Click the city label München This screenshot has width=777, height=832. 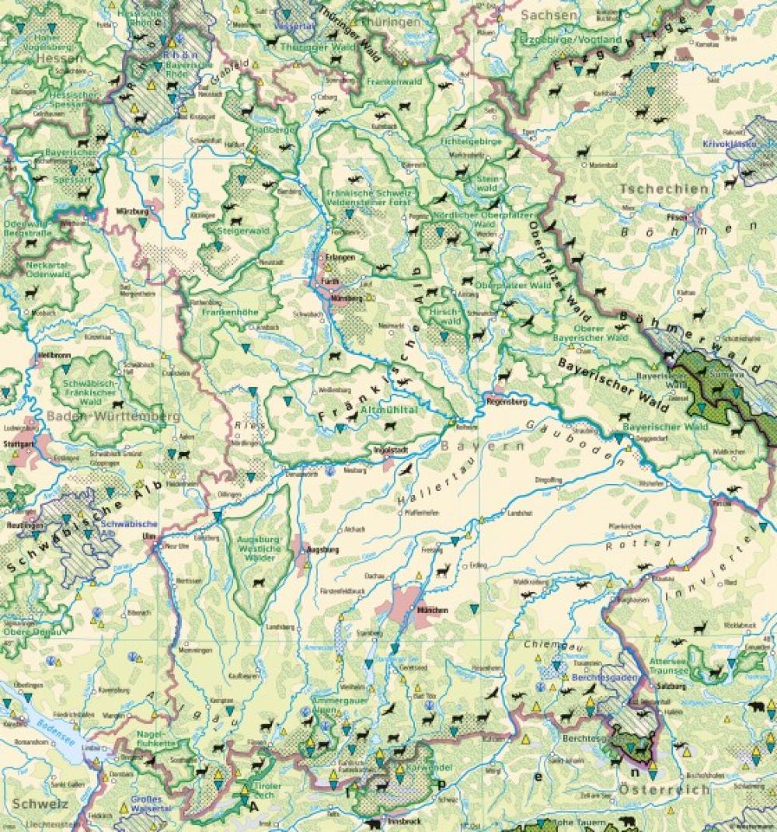[432, 611]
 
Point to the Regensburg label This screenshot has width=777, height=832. [507, 402]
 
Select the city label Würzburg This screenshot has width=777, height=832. [131, 211]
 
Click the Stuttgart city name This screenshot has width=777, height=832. [19, 444]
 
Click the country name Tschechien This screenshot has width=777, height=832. [664, 189]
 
